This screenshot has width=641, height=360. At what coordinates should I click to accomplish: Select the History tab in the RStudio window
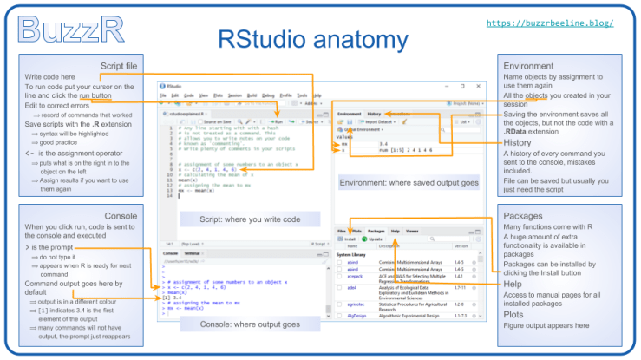374,114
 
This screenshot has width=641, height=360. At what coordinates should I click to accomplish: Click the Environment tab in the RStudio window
349,114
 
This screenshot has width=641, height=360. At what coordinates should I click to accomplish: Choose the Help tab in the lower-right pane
395,232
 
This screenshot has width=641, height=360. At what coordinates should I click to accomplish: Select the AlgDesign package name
356,318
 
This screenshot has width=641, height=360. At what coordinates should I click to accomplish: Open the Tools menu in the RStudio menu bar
302,95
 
